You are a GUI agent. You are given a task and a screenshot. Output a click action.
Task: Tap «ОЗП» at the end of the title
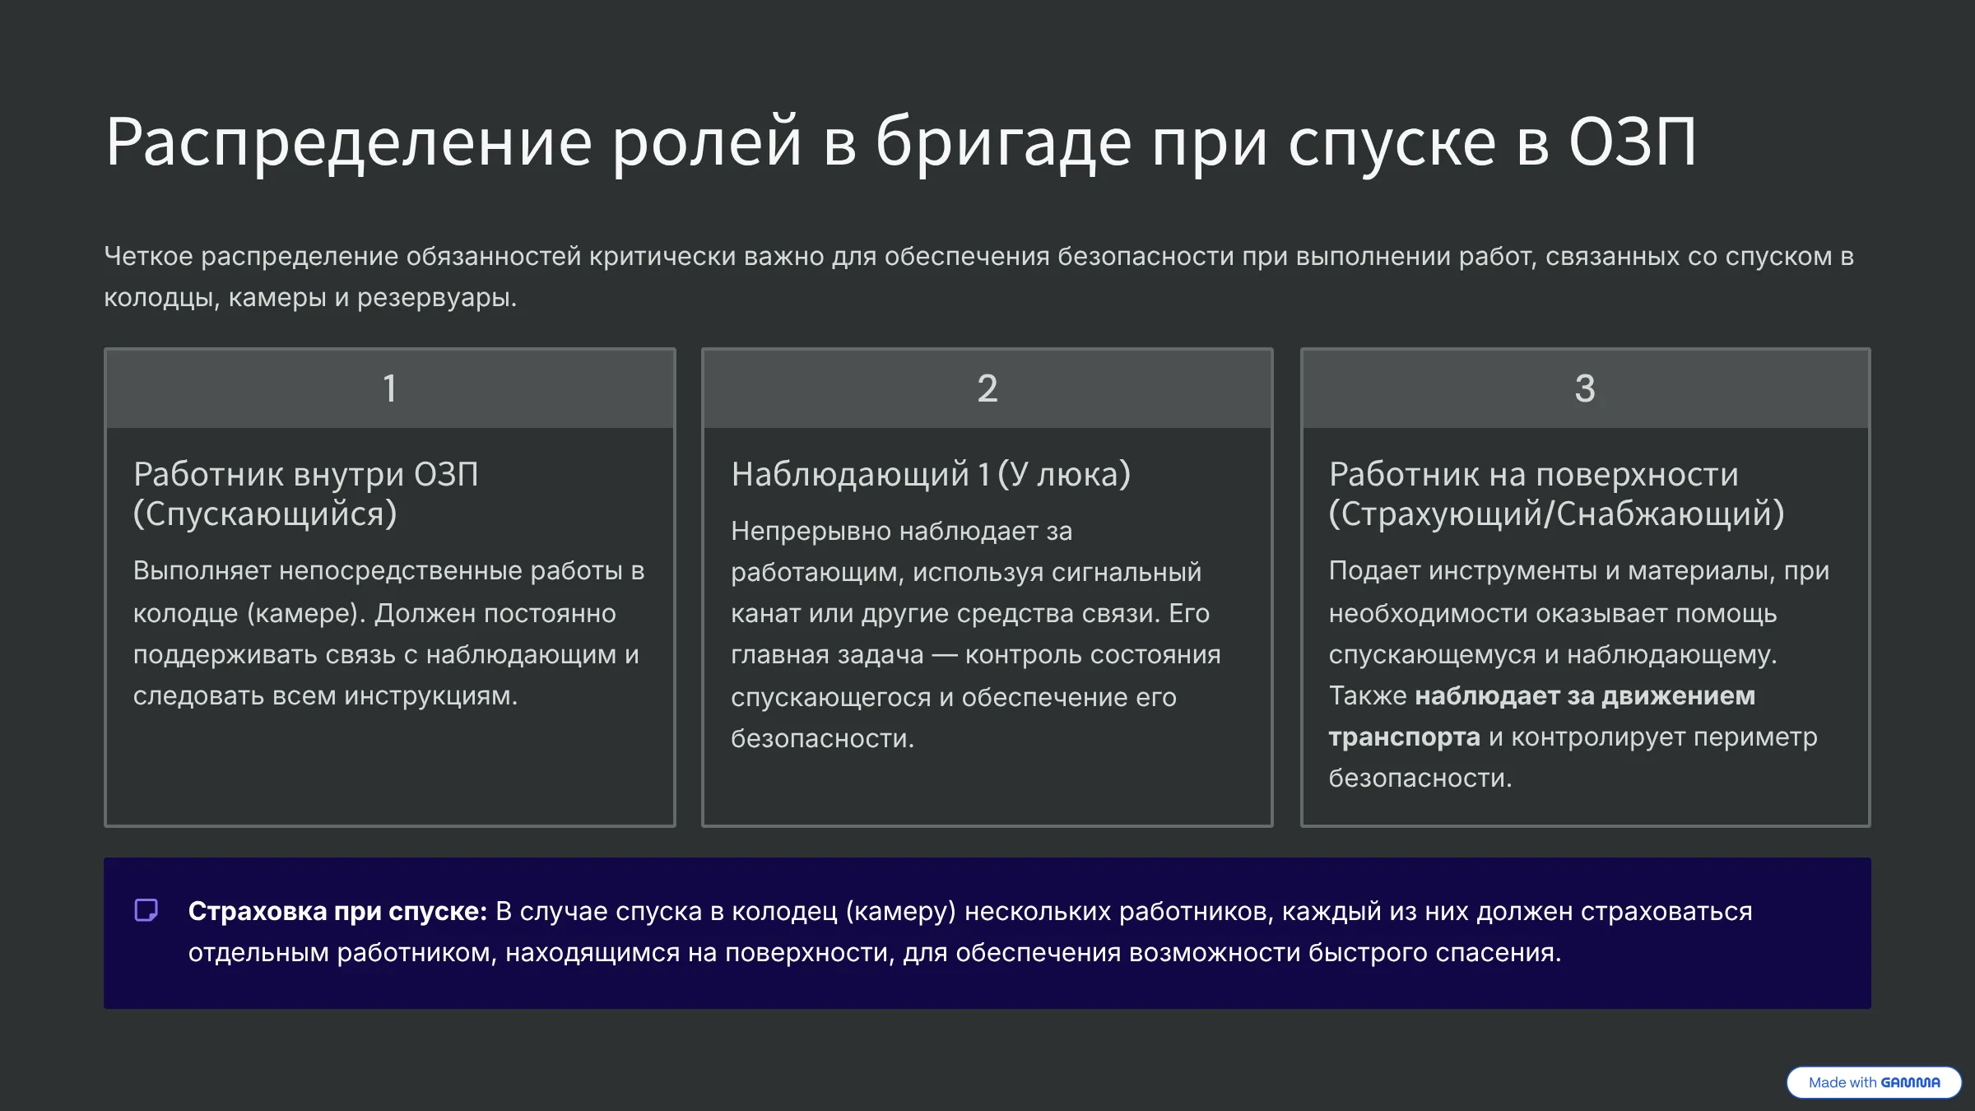pos(1632,142)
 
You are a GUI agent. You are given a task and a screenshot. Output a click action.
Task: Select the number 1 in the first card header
pos(390,388)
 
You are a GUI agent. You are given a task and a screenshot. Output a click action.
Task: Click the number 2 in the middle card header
pos(987,388)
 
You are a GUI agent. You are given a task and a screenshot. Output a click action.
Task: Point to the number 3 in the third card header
pos(1585,388)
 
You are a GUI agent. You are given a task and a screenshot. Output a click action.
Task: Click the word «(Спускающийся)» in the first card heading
pos(265,514)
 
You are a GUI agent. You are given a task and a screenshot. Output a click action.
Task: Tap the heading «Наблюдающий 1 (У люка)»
pos(931,475)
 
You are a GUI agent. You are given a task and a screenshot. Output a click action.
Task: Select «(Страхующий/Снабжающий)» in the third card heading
pos(1556,514)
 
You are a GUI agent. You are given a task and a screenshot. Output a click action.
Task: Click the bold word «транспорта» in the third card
pos(1404,737)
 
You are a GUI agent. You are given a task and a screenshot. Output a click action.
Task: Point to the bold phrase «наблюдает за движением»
pos(1585,696)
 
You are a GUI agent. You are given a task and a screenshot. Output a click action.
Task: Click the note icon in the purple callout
pos(146,910)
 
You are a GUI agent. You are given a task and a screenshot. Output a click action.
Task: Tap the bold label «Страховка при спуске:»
pos(337,912)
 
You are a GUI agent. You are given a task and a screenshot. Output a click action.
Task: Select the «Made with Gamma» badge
pos(1874,1082)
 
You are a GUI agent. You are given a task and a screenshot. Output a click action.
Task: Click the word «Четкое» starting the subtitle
pos(148,257)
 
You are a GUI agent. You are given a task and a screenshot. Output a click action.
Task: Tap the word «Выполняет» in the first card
pos(202,571)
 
